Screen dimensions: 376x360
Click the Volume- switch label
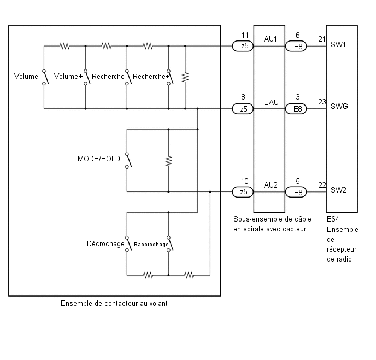(27, 76)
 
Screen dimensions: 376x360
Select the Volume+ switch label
(68, 76)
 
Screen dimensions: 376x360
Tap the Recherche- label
(109, 76)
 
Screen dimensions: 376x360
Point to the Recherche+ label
(151, 76)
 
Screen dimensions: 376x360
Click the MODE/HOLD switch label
(99, 159)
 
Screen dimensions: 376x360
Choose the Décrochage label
(105, 244)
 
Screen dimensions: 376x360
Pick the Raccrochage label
(151, 245)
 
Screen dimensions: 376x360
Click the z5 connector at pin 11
(243, 46)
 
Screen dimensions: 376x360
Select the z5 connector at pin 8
(243, 109)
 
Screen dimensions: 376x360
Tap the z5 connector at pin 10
(243, 192)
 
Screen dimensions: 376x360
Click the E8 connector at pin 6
(296, 47)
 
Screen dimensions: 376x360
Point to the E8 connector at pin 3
(296, 109)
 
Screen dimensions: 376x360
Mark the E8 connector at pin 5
(296, 192)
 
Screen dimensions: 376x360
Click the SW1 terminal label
(338, 45)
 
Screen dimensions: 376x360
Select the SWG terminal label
(339, 106)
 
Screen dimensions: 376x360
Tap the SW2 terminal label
(338, 190)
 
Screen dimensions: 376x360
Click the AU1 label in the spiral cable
(271, 39)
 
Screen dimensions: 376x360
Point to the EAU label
(271, 102)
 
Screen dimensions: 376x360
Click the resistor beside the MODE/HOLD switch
(168, 161)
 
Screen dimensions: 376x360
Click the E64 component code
(333, 219)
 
